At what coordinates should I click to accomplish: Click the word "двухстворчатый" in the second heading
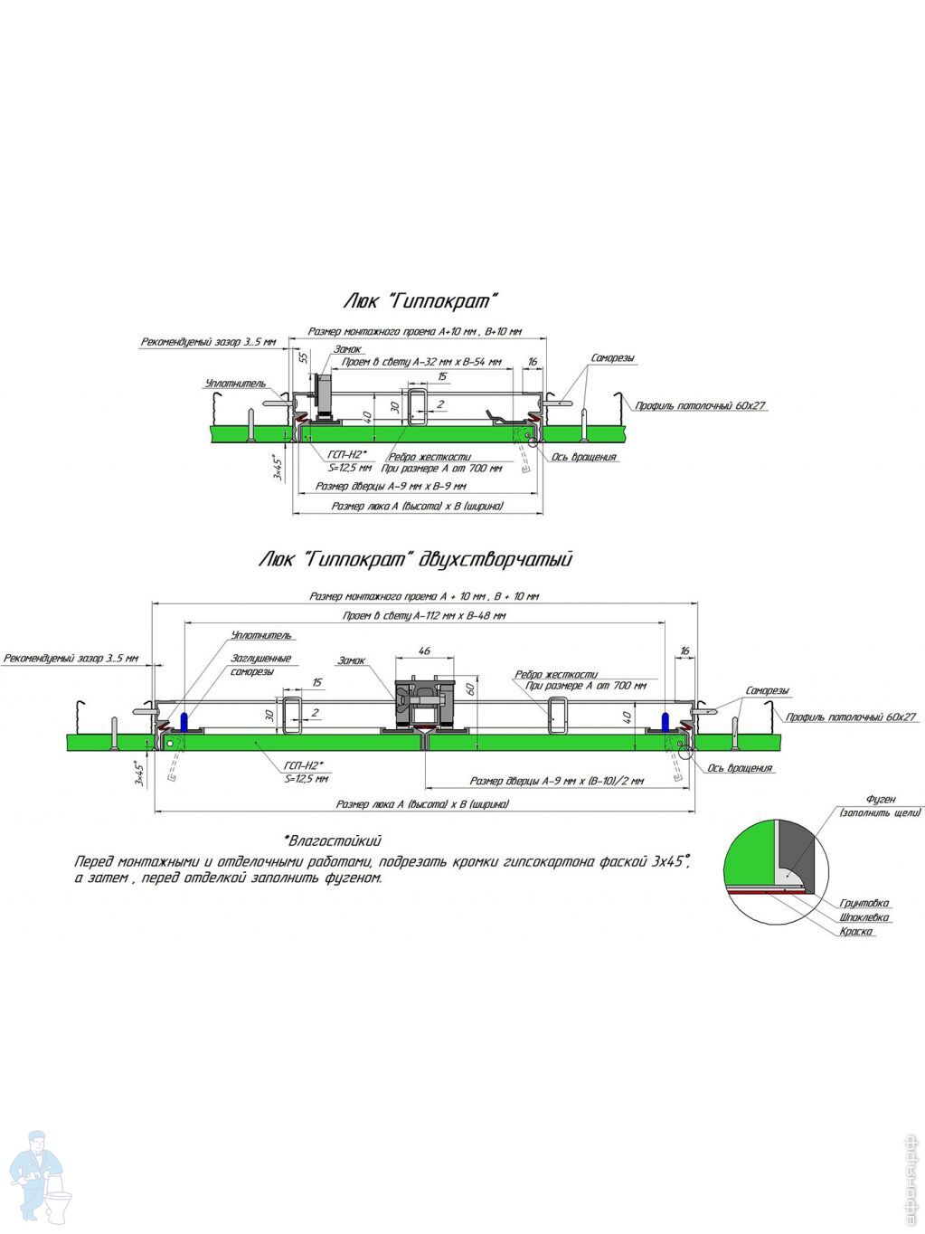(496, 560)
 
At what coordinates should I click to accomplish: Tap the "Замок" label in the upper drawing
(347, 349)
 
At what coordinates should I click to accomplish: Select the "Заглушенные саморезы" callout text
(260, 665)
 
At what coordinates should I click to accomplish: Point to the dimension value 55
(303, 357)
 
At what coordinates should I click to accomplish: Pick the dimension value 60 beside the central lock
(470, 688)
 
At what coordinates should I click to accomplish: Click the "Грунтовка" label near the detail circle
(864, 903)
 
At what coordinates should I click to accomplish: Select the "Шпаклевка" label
(864, 917)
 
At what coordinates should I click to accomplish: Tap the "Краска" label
(855, 932)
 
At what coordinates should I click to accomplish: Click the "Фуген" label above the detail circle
(881, 799)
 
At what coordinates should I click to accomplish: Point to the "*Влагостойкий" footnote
(332, 840)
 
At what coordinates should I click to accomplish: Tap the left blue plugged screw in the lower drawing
(184, 723)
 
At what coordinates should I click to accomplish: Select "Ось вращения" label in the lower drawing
(740, 768)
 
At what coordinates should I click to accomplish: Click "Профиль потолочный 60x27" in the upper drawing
(700, 406)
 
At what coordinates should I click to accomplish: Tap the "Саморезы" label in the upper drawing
(612, 358)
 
